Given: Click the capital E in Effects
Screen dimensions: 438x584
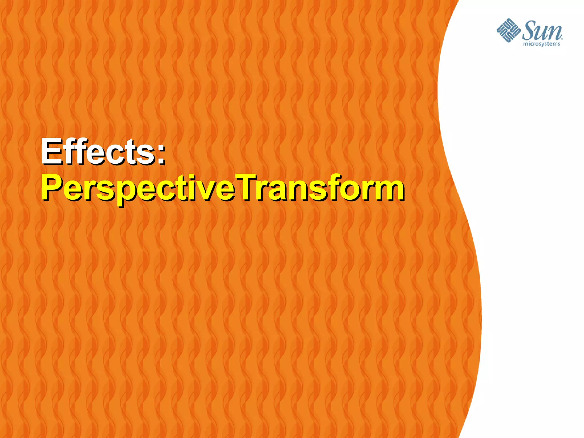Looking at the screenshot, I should pos(52,151).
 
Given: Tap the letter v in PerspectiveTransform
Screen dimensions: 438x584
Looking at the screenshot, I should pos(209,190).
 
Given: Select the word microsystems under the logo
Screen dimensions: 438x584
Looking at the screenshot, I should pos(542,44).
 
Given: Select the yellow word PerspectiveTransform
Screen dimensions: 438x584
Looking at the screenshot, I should pos(222,188).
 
